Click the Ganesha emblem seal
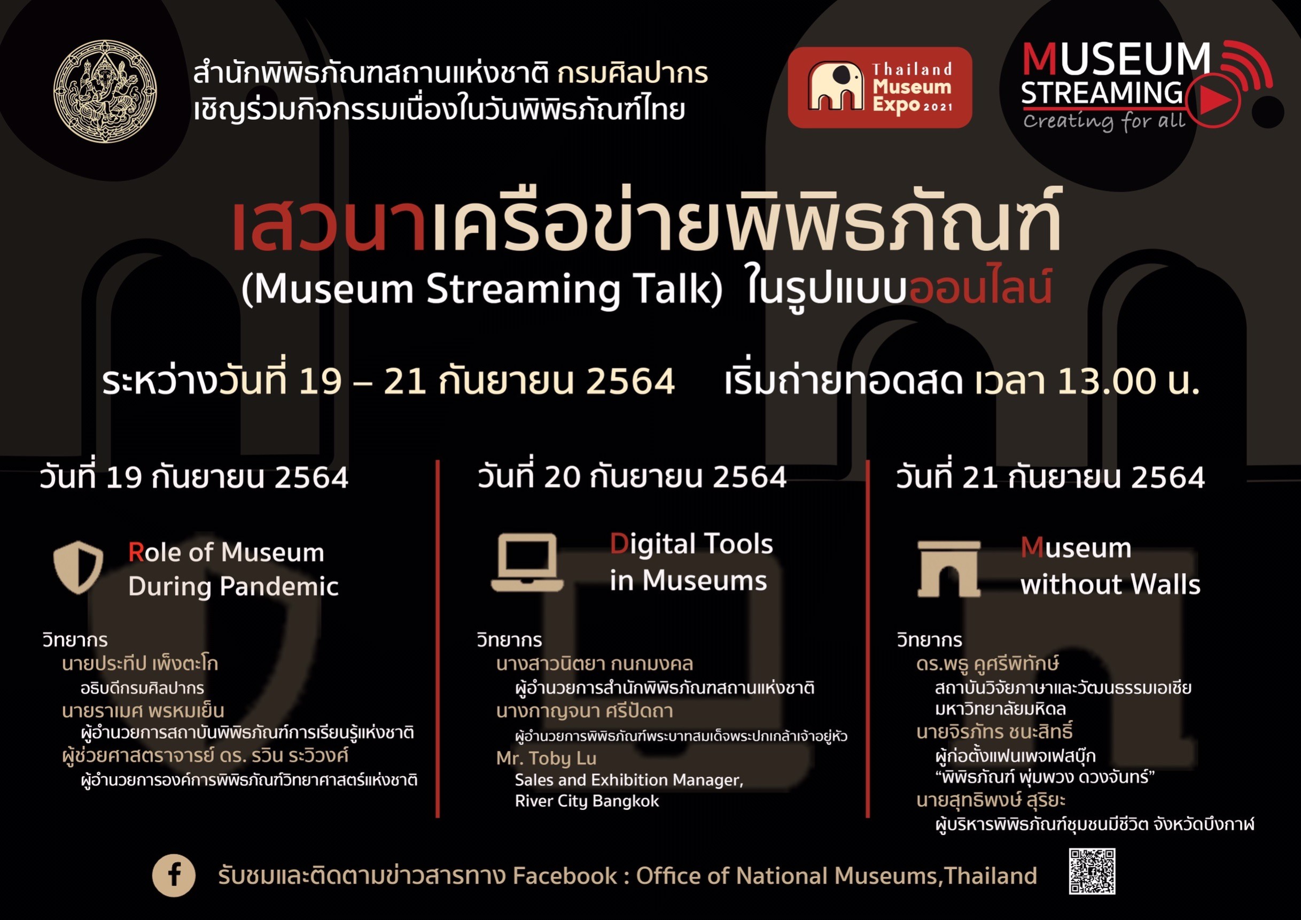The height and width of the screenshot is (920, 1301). (105, 91)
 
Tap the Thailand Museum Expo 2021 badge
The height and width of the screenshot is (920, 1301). (879, 87)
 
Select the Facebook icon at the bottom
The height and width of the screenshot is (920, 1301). (174, 875)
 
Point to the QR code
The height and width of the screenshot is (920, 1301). (1092, 871)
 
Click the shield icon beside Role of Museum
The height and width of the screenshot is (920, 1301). (78, 567)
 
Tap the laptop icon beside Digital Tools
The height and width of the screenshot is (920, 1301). (527, 562)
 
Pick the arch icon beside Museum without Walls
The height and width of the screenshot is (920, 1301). (948, 569)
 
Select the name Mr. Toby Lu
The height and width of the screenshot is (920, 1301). (546, 758)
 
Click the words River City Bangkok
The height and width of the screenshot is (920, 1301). (587, 801)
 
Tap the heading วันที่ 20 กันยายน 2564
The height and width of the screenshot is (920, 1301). (633, 477)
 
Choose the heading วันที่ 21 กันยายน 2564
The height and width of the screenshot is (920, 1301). (1050, 477)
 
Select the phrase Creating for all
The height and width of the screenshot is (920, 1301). (1104, 121)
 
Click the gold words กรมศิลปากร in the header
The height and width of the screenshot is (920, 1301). (633, 73)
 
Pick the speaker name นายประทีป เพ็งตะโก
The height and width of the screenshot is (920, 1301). (140, 664)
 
